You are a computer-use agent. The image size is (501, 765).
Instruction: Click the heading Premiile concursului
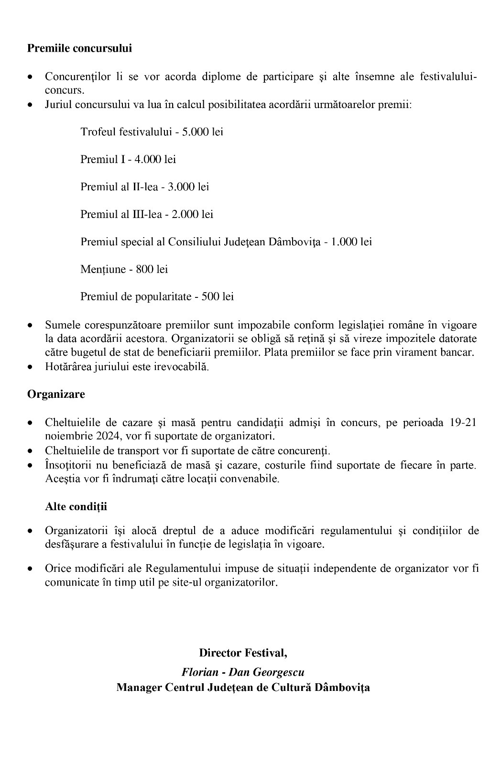click(79, 48)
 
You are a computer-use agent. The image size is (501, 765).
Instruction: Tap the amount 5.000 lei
click(202, 131)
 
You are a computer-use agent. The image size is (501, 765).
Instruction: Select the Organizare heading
click(56, 394)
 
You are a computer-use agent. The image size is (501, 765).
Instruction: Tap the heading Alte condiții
click(76, 506)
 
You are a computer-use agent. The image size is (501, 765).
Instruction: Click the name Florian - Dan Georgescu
click(243, 672)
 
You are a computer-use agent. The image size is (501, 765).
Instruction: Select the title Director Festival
click(243, 652)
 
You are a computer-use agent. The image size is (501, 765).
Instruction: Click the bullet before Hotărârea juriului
click(31, 368)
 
